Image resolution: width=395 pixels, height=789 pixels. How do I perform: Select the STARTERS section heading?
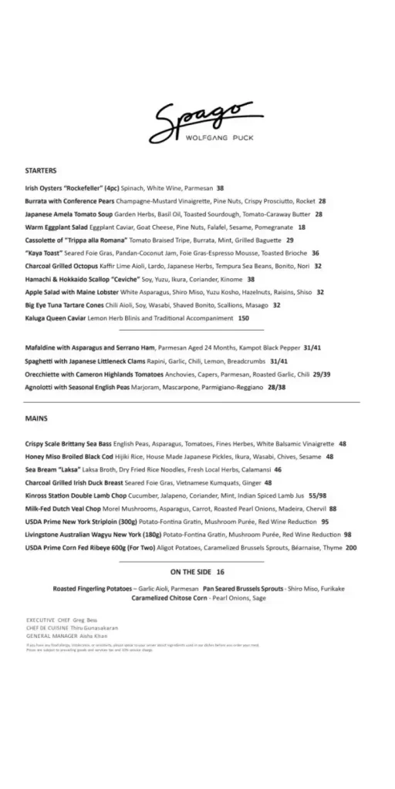(x=41, y=170)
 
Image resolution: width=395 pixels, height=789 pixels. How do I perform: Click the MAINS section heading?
(x=36, y=418)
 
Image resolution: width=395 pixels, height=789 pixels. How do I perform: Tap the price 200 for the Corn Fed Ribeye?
(x=352, y=548)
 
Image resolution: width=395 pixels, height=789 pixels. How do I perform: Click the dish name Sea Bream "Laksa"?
(x=56, y=469)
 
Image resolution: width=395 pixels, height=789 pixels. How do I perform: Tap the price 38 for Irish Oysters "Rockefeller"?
(x=220, y=188)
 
